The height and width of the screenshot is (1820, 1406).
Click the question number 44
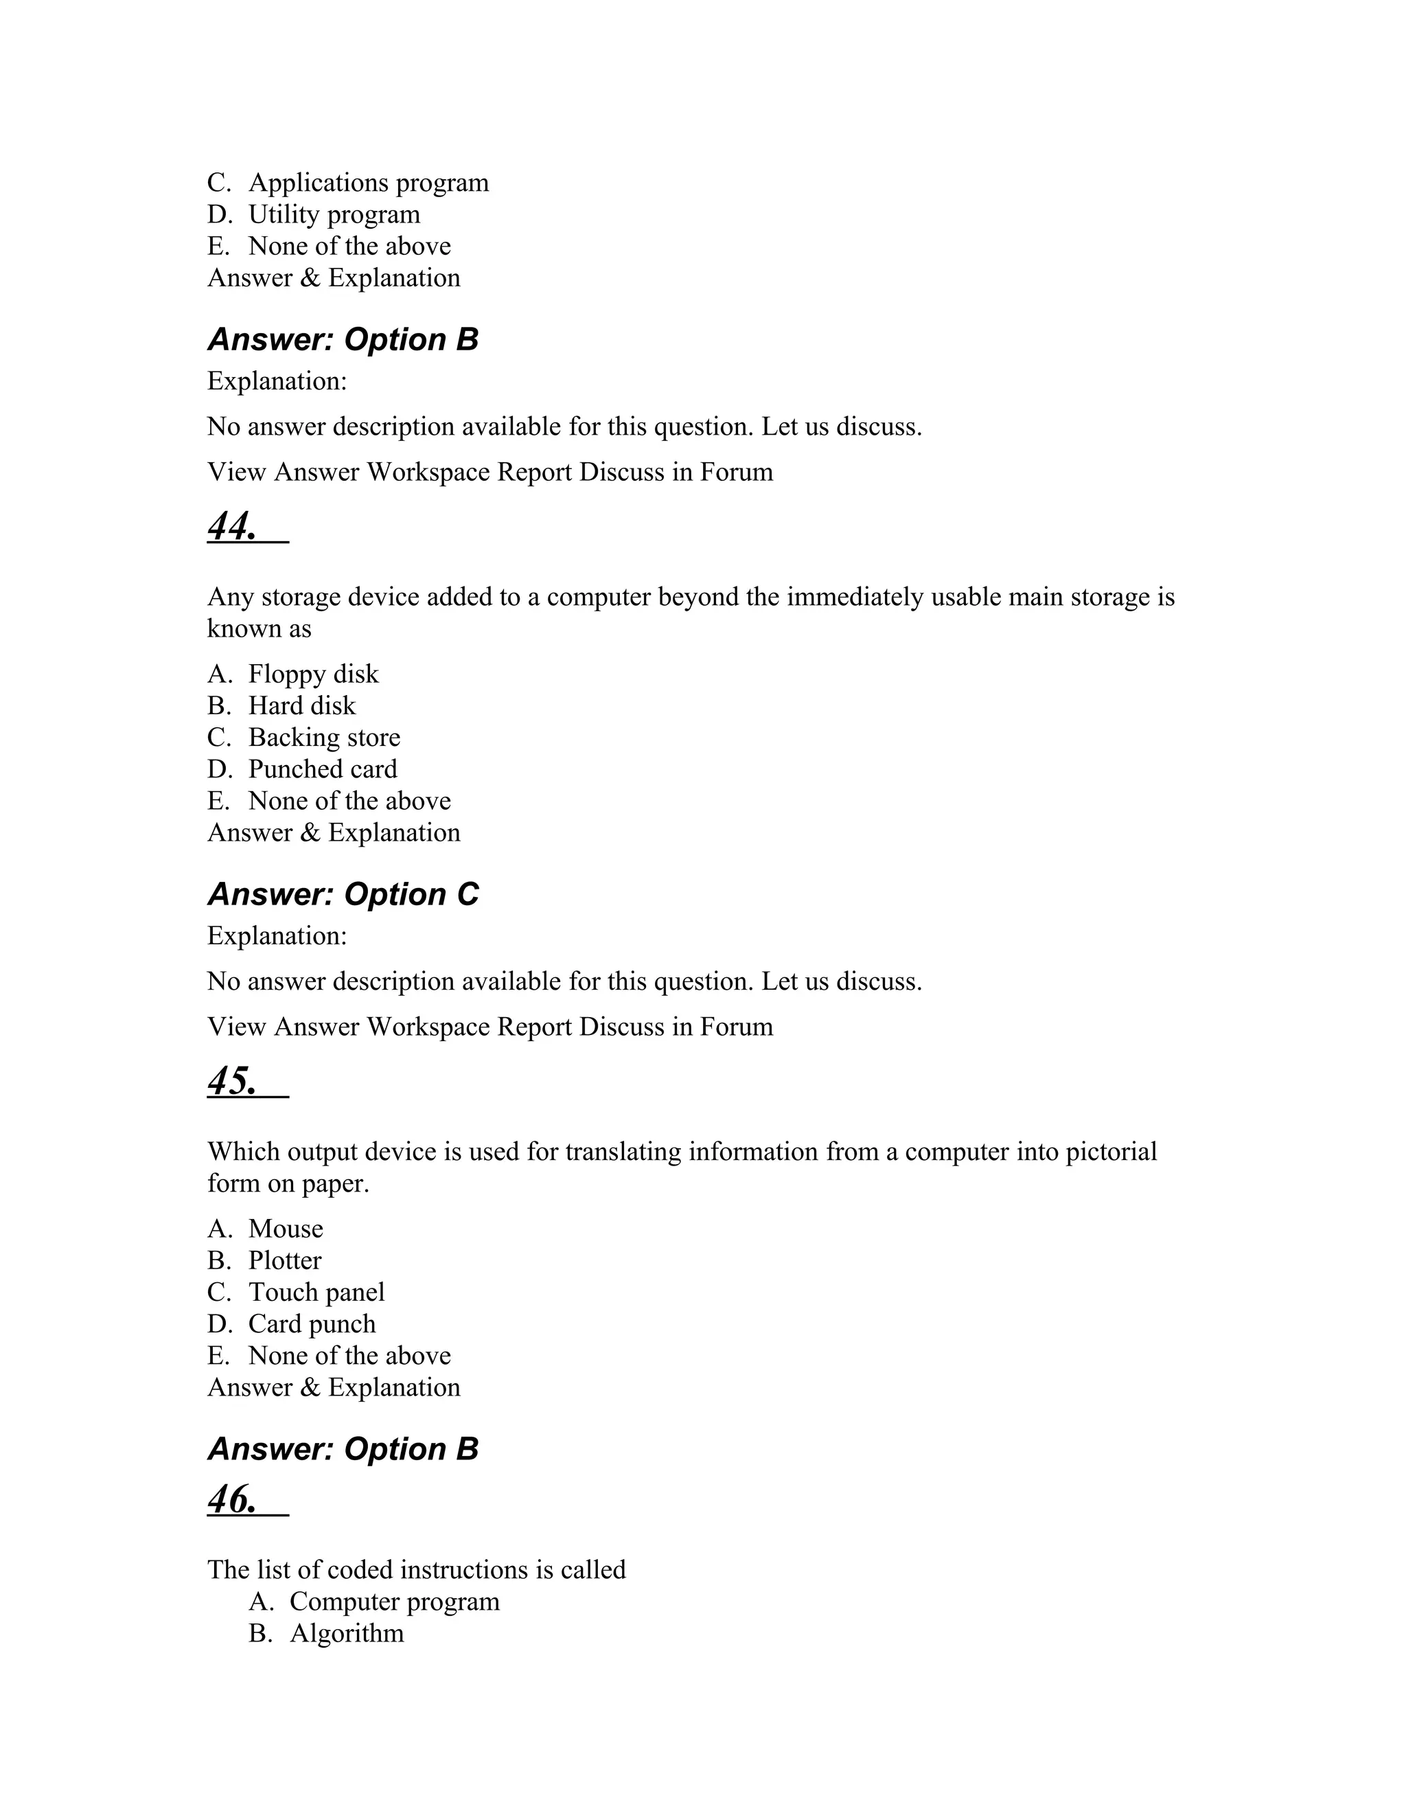233,527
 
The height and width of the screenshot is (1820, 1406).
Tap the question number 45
233,1082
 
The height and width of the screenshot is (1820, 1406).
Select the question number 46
233,1500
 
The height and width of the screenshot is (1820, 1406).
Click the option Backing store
324,738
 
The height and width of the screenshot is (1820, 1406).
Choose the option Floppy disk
313,674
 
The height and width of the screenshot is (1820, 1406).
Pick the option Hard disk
301,706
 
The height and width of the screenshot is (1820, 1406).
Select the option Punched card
323,769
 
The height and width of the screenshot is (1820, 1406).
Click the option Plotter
284,1261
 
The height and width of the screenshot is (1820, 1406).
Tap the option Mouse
285,1229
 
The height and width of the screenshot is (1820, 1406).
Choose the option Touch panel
316,1293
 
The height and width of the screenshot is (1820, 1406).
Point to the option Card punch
312,1324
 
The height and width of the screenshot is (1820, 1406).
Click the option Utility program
334,215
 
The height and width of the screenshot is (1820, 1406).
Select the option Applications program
368,183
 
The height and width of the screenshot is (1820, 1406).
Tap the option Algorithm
347,1633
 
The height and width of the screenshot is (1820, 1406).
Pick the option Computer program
394,1602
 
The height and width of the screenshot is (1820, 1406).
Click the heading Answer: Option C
343,894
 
